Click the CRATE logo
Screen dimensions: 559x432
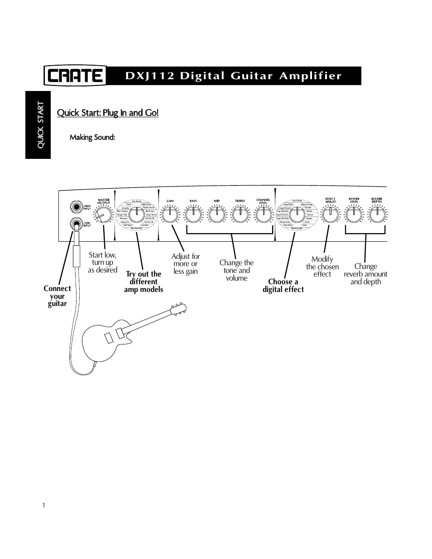tap(75, 76)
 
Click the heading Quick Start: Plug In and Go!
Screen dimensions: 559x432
tap(108, 112)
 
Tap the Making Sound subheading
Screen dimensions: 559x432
tap(92, 137)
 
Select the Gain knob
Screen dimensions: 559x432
tap(170, 215)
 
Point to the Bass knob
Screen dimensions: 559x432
tap(193, 215)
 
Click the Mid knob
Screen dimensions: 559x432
tap(216, 215)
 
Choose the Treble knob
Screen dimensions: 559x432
tap(240, 215)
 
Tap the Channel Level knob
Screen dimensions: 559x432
tap(263, 215)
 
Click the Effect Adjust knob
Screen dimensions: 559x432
tap(331, 215)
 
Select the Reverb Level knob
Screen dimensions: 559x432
tap(354, 215)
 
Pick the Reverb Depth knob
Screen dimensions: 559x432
tap(377, 215)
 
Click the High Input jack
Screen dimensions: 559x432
tap(75, 207)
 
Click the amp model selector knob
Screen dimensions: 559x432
tap(136, 215)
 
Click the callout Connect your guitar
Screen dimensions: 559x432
tap(57, 296)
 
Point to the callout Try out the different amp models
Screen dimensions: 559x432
tap(144, 282)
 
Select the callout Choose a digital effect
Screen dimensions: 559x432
tap(283, 286)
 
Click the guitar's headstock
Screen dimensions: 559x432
tap(179, 309)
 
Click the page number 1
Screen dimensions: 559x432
tap(43, 506)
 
